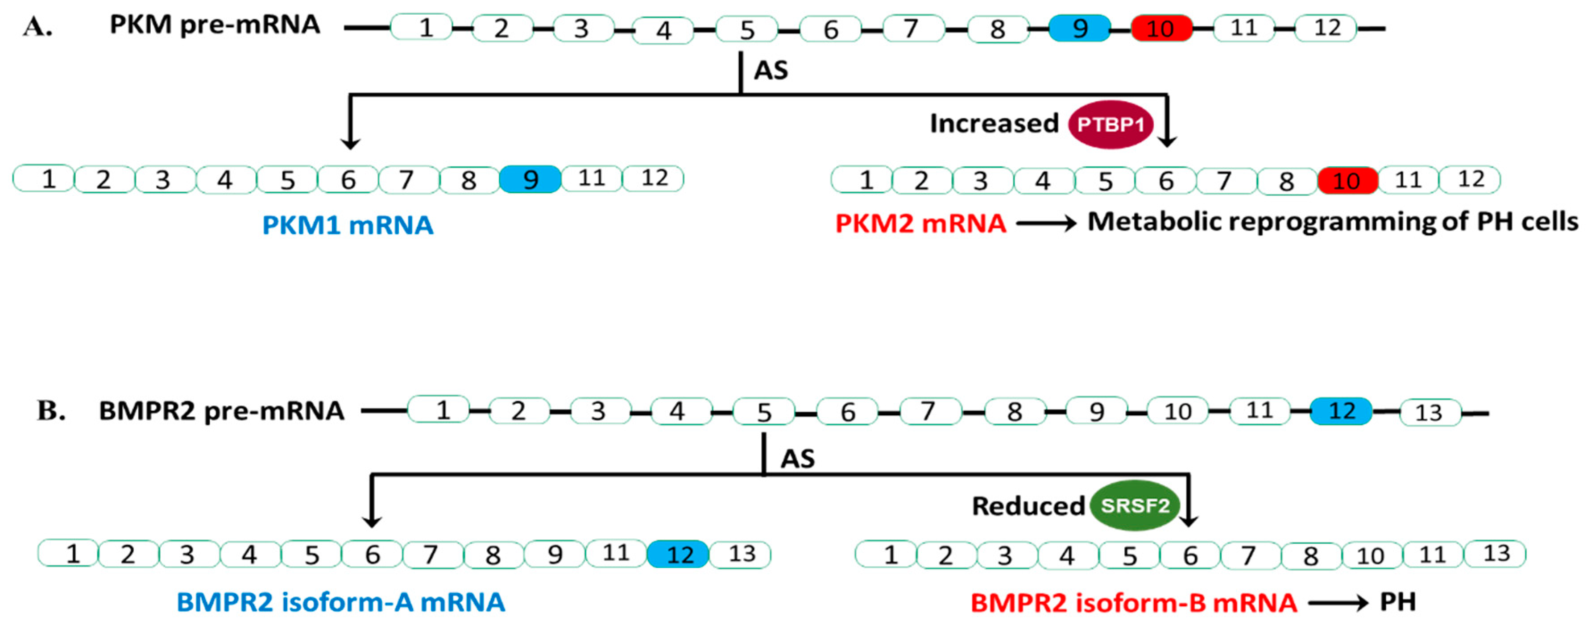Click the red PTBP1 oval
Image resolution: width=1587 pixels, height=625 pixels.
pos(1110,124)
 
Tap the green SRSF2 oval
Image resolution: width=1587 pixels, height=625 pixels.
pos(1135,505)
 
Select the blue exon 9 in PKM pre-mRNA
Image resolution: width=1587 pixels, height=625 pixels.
pos(1079,28)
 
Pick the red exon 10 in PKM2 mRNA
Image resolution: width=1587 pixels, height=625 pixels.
pos(1347,180)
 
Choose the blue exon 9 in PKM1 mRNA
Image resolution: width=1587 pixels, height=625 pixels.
pos(530,179)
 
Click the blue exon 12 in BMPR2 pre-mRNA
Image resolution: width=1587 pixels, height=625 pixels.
pos(1341,411)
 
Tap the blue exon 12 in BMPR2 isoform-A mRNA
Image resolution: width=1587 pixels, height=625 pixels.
pos(678,554)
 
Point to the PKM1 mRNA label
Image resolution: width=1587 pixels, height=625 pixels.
pos(348,225)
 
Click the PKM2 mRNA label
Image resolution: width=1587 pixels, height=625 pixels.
pos(920,223)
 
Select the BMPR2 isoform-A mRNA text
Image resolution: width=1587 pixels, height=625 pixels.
pos(341,602)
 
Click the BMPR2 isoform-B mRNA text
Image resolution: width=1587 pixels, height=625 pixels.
pos(1134,602)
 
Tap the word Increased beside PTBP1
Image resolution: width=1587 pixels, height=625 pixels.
pos(994,124)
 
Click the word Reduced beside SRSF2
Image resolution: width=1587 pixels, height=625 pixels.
pos(1028,506)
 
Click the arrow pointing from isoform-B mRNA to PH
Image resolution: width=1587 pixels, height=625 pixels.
pos(1338,603)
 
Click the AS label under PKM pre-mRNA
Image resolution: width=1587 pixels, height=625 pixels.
pos(771,70)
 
